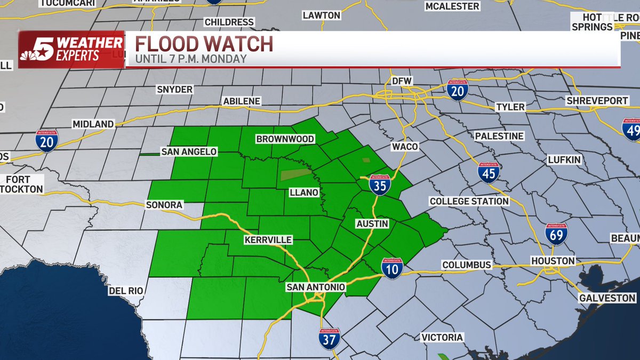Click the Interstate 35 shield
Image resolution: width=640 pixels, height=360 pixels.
click(x=380, y=184)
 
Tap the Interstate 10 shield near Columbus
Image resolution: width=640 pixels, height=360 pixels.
click(x=392, y=268)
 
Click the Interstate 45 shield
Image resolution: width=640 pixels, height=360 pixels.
click(x=489, y=173)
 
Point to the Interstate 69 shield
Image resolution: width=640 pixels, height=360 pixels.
click(x=556, y=234)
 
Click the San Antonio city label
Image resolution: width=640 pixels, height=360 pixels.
click(x=316, y=287)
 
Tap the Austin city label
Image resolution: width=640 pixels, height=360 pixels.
click(x=373, y=223)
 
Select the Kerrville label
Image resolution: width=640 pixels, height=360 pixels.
click(x=268, y=240)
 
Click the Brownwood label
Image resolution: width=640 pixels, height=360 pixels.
click(x=285, y=139)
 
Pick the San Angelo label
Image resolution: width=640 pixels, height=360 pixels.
click(x=189, y=151)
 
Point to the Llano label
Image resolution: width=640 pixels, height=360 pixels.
click(x=304, y=192)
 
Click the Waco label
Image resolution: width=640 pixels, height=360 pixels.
click(x=404, y=146)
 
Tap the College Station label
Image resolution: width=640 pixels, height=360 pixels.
click(x=469, y=201)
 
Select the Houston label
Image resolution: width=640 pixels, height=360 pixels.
click(x=553, y=261)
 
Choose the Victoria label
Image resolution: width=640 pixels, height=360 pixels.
click(x=442, y=337)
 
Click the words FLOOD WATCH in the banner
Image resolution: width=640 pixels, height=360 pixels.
click(x=204, y=44)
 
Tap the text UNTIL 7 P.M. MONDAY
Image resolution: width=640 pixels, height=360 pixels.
click(x=190, y=59)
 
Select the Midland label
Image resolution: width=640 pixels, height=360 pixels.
click(x=93, y=124)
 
